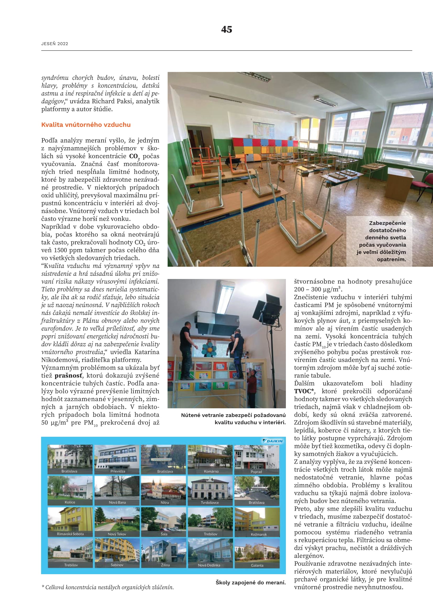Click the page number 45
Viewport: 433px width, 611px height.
[x=226, y=29]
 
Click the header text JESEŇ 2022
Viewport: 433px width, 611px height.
[x=55, y=44]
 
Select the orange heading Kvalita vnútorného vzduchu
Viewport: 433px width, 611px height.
[x=86, y=125]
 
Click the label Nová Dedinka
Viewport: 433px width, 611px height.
[x=209, y=565]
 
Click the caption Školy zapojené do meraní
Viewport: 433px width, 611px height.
[x=250, y=583]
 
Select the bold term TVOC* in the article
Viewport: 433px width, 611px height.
[x=304, y=391]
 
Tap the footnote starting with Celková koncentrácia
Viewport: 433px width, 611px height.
[x=108, y=587]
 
